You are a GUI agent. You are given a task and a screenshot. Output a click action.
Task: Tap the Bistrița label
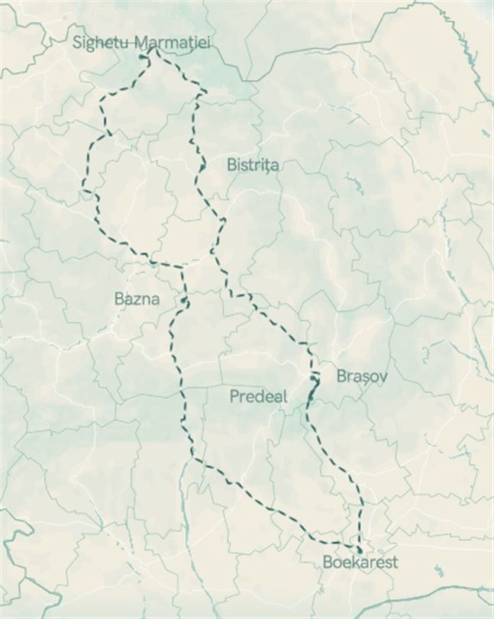tap(253, 165)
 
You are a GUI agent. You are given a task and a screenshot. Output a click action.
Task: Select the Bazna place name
tap(137, 298)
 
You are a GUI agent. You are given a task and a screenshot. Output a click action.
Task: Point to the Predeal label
tap(258, 396)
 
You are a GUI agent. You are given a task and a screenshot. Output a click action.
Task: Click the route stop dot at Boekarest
tap(360, 549)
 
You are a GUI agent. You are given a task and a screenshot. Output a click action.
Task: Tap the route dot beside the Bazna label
tap(185, 303)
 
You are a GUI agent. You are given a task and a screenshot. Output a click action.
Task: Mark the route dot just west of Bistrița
tap(202, 166)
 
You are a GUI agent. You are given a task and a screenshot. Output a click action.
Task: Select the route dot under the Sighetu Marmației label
tap(143, 56)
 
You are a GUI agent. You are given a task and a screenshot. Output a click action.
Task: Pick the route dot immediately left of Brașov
tap(315, 378)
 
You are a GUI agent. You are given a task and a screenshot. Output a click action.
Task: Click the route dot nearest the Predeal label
tap(311, 398)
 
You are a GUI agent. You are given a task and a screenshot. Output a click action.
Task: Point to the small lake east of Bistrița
tap(354, 183)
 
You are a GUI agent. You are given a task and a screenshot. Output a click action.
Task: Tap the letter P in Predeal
tap(234, 396)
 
